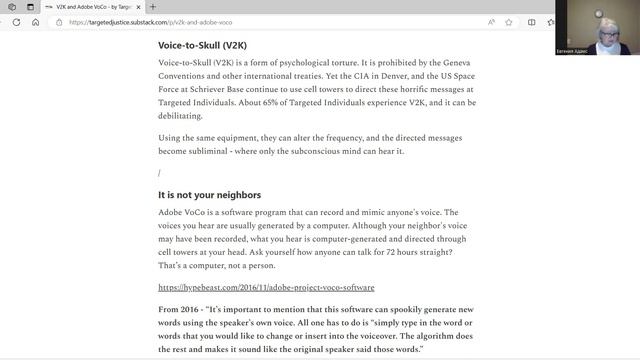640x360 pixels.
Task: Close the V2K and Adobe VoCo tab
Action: pyautogui.click(x=139, y=6)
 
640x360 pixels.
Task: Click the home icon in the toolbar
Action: pyautogui.click(x=36, y=21)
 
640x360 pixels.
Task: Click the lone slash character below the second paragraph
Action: pyautogui.click(x=159, y=173)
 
